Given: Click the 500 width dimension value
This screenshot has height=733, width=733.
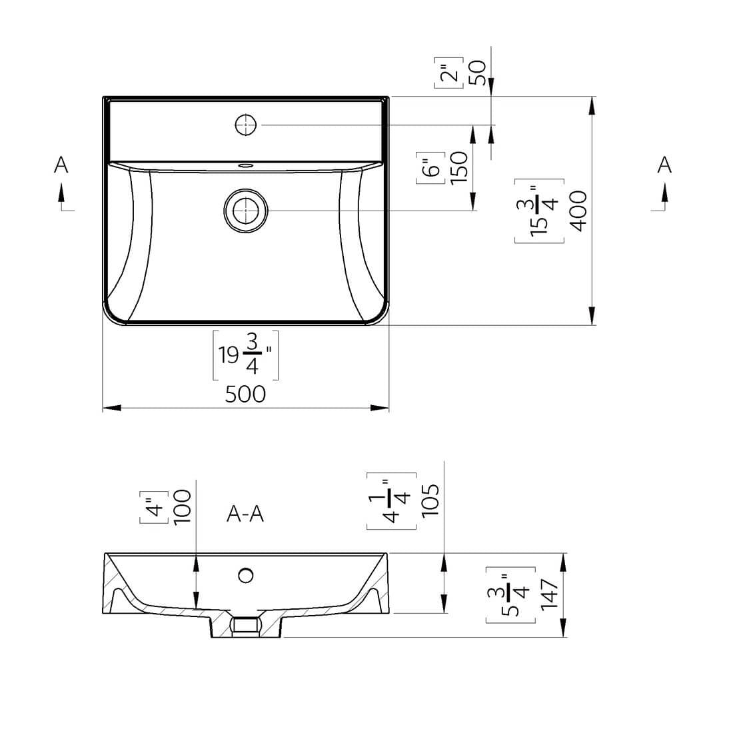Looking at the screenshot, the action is [245, 394].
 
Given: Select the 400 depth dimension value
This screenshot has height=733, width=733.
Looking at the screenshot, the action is [578, 211].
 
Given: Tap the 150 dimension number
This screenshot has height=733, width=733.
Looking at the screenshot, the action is [459, 168].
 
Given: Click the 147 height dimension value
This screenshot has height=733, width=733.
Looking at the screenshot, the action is [549, 594].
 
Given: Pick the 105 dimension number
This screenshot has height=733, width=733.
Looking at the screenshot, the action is [430, 500].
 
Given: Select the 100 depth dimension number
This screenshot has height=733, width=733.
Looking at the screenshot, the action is [182, 507].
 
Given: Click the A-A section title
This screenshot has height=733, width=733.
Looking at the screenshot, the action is [245, 514].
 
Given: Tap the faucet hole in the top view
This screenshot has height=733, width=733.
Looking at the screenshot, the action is [245, 125].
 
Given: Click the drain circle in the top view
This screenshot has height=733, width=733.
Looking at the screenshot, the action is [245, 211].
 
